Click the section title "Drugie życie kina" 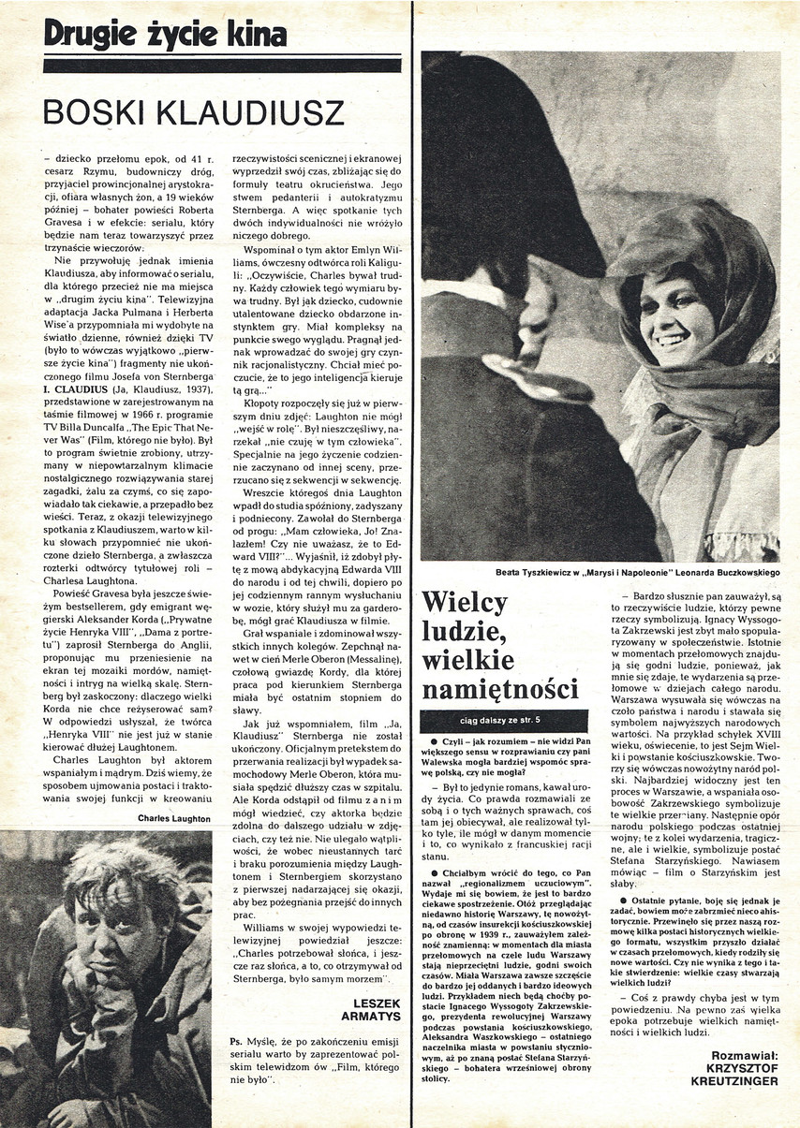[165, 35]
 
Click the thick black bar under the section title [222, 66]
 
